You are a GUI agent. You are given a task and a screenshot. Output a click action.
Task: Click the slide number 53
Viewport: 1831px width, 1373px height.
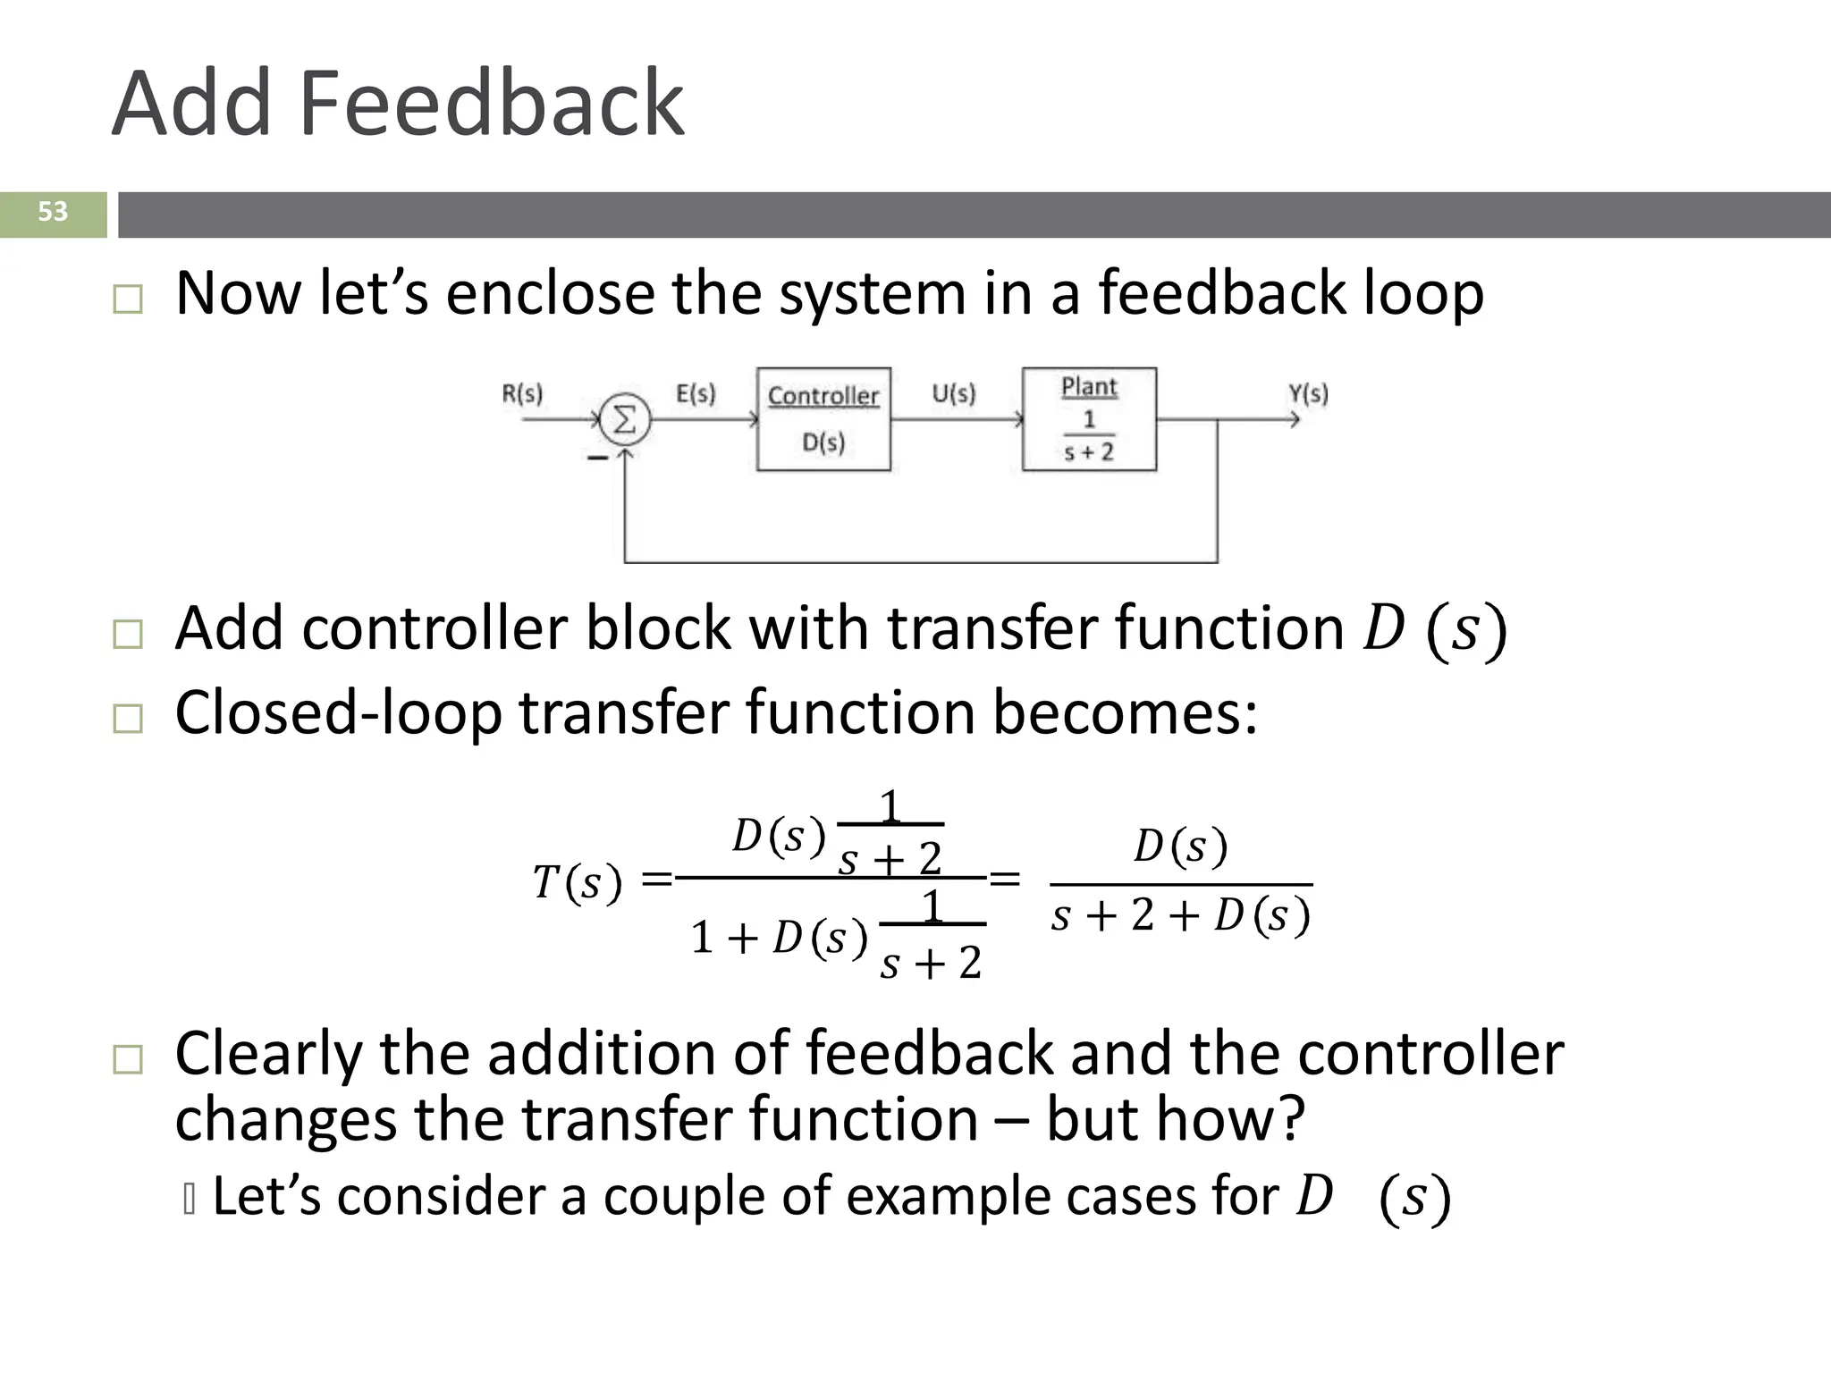coord(53,212)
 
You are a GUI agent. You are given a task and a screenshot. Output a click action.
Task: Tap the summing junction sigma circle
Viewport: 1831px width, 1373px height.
coord(624,418)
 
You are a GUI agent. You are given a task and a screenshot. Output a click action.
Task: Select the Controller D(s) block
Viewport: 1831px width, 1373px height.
coord(823,419)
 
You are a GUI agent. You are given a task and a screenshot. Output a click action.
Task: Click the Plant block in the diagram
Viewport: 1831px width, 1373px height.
coord(1089,419)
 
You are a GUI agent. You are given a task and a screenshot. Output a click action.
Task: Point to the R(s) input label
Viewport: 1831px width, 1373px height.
coord(522,393)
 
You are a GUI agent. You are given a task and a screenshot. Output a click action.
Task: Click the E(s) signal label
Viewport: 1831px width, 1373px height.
coord(696,393)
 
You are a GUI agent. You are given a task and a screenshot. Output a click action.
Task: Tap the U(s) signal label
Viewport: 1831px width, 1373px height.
coord(954,393)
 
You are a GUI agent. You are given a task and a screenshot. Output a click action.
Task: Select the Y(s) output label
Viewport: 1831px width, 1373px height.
coord(1308,393)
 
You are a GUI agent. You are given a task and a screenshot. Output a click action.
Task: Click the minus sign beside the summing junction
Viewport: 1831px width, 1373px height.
coord(597,458)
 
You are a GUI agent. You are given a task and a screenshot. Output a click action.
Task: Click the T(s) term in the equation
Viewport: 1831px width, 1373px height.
coord(577,883)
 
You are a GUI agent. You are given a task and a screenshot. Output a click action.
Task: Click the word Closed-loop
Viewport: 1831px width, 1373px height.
coord(338,713)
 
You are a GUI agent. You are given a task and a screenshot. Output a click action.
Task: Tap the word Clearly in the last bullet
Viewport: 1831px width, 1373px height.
coord(268,1055)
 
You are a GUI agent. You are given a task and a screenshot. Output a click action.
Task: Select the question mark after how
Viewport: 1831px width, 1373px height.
coord(1291,1119)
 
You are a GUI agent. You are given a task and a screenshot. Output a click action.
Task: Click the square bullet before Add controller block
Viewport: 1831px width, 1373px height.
coord(128,635)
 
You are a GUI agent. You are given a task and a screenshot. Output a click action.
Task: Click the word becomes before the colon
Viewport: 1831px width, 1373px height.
coord(1118,713)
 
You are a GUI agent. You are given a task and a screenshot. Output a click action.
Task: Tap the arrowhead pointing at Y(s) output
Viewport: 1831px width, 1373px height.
coord(1294,418)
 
